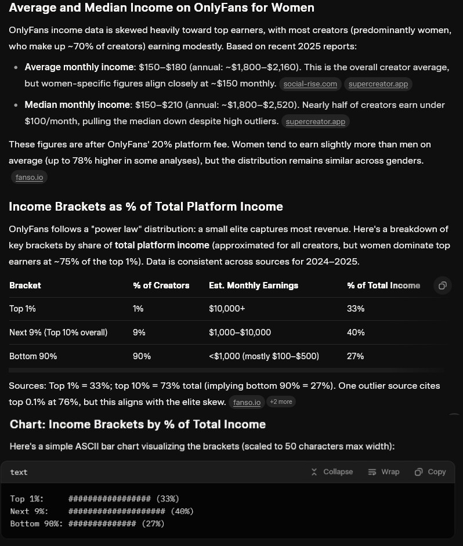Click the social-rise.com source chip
coord(310,84)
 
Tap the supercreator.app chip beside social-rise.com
coord(378,84)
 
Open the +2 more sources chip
coord(281,402)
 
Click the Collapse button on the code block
coord(332,472)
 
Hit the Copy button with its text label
coord(430,472)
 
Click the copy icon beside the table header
coord(442,285)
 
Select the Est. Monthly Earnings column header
coord(254,285)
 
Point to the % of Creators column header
coord(161,285)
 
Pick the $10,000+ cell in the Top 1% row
coord(224,309)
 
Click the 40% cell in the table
coord(356,332)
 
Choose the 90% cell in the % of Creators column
coord(142,356)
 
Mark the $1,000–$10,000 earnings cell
coord(240,332)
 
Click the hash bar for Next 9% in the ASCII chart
coord(117,511)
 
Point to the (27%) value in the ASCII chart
coord(153,523)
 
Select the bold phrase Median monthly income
coord(78,105)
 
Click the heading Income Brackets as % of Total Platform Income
coord(146,206)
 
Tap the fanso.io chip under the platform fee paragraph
coord(28,177)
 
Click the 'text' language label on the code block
coord(19,472)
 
